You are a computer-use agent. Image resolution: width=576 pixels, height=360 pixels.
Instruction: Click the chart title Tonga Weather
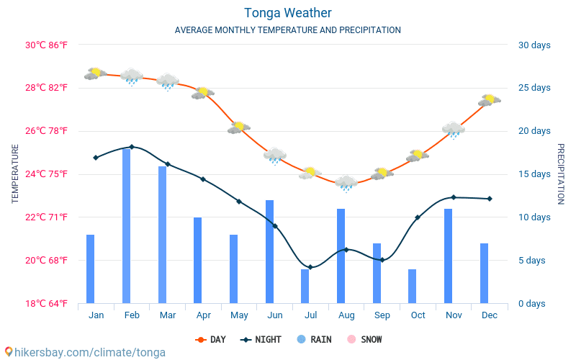point(287,13)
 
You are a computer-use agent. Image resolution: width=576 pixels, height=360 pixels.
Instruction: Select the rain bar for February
point(127,226)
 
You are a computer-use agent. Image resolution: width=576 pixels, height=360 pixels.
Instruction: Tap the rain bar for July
point(305,286)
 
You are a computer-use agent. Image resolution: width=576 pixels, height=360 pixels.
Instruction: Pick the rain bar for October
point(413,286)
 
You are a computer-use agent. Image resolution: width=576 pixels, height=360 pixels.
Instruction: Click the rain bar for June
point(270,251)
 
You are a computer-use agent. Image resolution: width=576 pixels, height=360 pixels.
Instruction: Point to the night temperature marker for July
point(310,267)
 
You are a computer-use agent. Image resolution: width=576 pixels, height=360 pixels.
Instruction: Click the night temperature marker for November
point(454,197)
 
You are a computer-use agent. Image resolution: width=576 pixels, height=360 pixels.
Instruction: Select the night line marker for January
point(96,158)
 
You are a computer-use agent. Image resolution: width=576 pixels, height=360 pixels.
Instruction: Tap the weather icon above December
point(489,100)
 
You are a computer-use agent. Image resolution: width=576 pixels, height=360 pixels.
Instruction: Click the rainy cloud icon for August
point(346,183)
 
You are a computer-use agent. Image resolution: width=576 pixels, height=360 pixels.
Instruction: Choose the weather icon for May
point(239,127)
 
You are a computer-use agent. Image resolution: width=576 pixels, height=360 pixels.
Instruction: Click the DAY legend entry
point(211,339)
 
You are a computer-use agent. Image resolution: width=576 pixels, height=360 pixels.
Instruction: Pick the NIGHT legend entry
point(261,339)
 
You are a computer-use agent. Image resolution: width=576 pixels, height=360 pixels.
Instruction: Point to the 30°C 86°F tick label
point(47,45)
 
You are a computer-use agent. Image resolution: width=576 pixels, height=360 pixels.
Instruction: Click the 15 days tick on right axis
point(534,174)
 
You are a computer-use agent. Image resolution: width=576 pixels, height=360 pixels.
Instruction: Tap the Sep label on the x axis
point(382,315)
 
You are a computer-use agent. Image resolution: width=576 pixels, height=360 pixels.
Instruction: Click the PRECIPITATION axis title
point(561,174)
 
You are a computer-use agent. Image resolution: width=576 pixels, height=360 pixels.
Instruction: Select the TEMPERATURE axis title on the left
point(15,174)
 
